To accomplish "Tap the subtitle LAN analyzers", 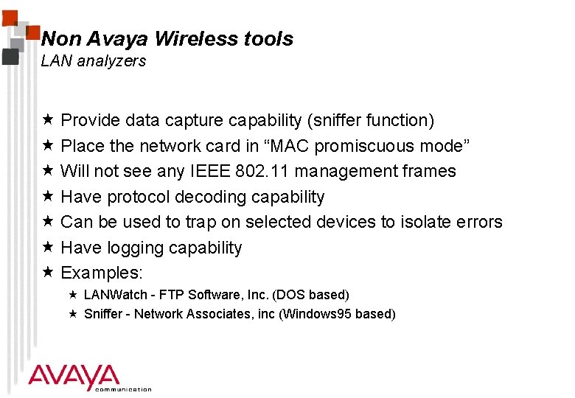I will [94, 61].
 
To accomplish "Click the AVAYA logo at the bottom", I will [74, 377].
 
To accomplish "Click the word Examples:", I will [102, 273].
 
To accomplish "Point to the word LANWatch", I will [114, 295].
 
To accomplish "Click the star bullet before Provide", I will [47, 119].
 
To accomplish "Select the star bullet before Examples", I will [47, 272].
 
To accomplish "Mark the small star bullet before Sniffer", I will [73, 313].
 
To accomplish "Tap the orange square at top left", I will [34, 32].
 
